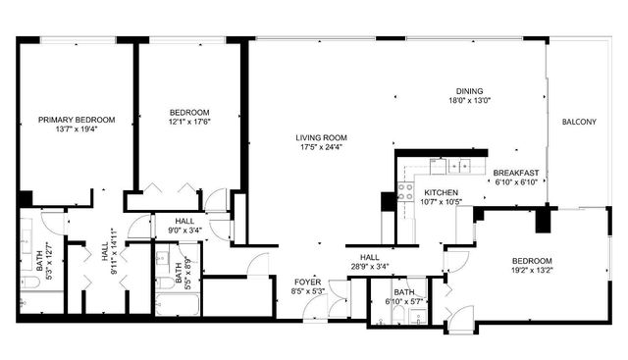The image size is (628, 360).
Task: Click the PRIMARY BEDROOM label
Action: click(77, 120)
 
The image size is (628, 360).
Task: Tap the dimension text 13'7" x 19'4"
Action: click(77, 129)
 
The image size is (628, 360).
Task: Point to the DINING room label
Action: click(469, 90)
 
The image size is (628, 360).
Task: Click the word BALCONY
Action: click(579, 122)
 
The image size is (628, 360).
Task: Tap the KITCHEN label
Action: click(442, 192)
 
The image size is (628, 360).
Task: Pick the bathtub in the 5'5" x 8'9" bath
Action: click(178, 300)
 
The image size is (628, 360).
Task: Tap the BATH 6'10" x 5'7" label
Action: click(404, 296)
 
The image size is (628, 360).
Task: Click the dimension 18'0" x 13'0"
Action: click(469, 100)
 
